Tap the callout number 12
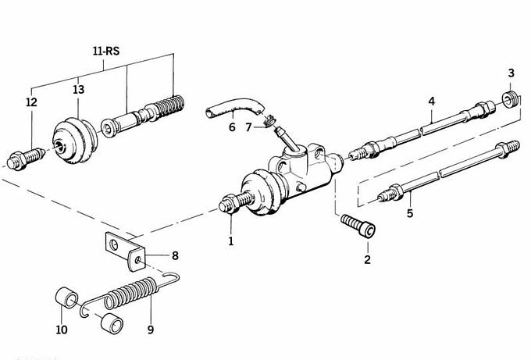click(x=31, y=102)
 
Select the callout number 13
click(x=78, y=90)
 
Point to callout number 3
click(x=511, y=73)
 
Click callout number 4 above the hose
click(x=430, y=102)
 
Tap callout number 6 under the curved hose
click(x=231, y=127)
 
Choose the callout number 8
click(x=175, y=255)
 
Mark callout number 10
click(x=62, y=330)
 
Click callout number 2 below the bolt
click(x=368, y=258)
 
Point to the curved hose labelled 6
click(x=233, y=107)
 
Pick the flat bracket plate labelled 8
click(x=125, y=248)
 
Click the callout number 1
click(x=231, y=241)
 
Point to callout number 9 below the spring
click(x=151, y=330)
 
